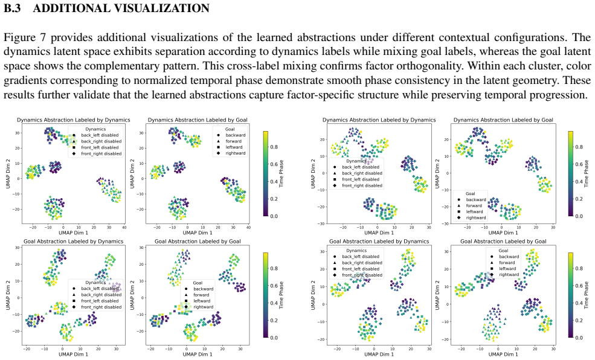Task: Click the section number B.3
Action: pos(12,8)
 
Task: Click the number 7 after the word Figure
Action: pos(42,37)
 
